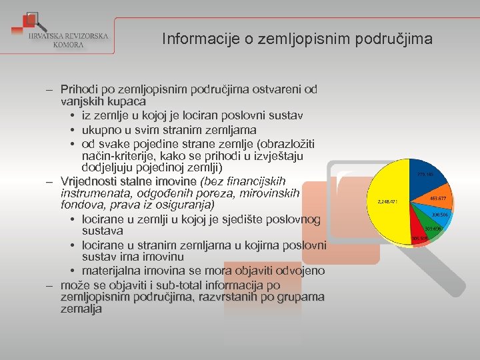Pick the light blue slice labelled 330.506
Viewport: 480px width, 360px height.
439,215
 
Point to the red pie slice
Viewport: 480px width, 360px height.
419,236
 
